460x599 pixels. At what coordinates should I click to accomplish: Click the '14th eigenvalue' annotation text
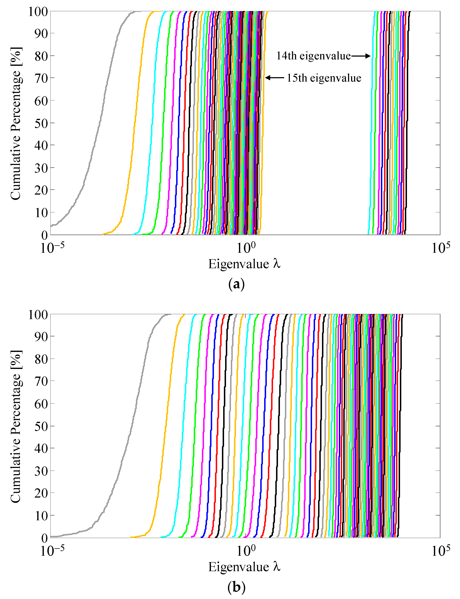[x=313, y=56]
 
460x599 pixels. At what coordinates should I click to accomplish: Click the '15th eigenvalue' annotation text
[x=324, y=78]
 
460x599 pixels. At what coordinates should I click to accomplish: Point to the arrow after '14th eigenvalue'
[x=361, y=56]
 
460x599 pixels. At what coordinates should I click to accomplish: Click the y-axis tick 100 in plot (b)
[x=38, y=314]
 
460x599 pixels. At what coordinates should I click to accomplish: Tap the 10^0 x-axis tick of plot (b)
[x=246, y=551]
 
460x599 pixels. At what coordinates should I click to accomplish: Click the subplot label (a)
[x=236, y=285]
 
